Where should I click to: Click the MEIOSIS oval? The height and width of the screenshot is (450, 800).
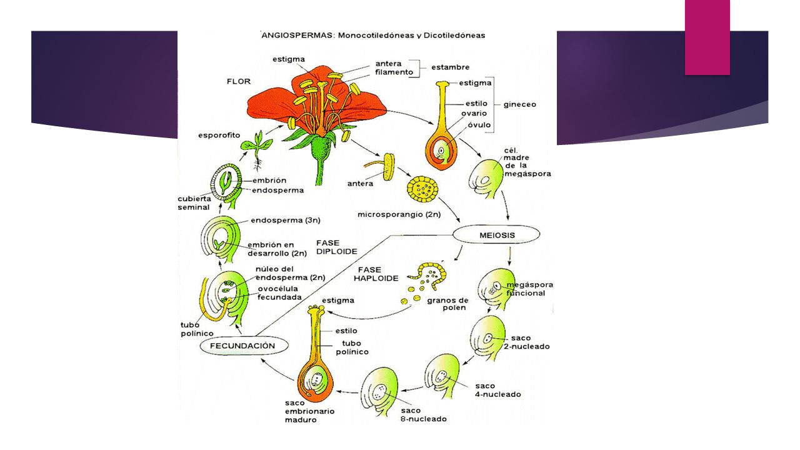click(x=496, y=234)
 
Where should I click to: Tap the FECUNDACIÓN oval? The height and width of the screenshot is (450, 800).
click(x=244, y=346)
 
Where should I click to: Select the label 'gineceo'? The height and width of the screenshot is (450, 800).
click(x=519, y=104)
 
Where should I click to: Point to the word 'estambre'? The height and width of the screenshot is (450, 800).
click(x=451, y=67)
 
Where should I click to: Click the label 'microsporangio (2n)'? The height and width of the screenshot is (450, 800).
click(x=399, y=214)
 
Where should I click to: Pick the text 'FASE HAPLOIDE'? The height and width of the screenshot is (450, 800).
click(x=376, y=274)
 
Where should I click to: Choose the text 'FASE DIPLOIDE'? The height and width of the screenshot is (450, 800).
click(x=336, y=247)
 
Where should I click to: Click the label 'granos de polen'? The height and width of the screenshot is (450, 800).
click(x=447, y=304)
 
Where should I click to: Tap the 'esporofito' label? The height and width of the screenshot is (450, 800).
click(x=219, y=136)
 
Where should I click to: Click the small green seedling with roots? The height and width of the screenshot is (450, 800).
click(x=257, y=149)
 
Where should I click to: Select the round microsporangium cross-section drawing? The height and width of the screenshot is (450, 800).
click(x=423, y=189)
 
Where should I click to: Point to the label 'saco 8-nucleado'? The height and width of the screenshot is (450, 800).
click(x=424, y=414)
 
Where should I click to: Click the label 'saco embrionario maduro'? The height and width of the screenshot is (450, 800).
click(x=309, y=411)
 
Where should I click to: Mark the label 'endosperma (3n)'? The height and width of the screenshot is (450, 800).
click(x=286, y=221)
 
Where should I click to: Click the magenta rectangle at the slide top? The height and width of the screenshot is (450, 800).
click(x=707, y=37)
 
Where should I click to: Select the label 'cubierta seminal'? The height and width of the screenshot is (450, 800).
click(x=194, y=203)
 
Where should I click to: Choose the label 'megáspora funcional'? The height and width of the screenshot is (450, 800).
click(x=529, y=289)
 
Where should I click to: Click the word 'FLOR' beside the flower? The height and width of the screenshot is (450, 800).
click(x=239, y=81)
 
